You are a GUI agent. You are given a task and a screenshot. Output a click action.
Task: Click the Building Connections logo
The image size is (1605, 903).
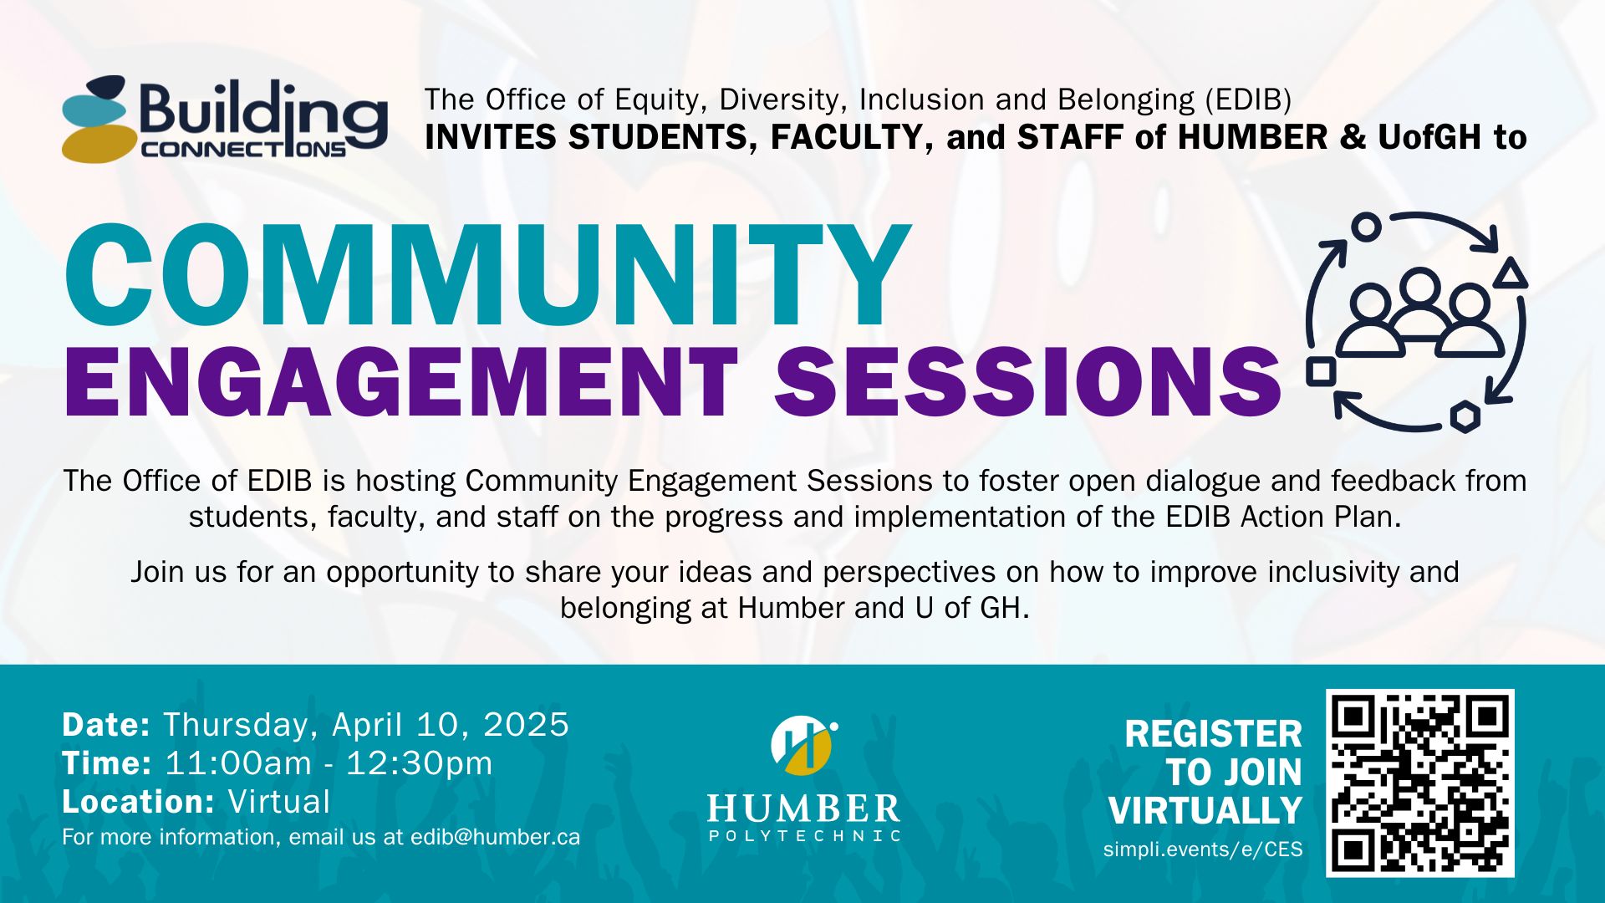224,119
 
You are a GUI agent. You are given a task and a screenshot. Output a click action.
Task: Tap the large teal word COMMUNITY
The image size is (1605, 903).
487,276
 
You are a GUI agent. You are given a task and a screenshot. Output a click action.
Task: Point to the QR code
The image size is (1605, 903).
1420,783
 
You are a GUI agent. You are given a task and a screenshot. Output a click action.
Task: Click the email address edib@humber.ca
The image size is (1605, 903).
495,837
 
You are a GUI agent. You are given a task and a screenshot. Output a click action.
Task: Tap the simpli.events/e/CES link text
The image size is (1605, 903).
1203,849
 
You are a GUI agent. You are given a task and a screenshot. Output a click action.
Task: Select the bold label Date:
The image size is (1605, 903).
106,724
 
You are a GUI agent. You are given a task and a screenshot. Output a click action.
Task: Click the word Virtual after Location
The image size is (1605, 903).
279,801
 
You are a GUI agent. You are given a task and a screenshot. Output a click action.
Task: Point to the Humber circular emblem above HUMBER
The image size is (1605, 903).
803,744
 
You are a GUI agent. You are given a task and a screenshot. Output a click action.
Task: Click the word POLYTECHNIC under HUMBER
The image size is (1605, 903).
804,835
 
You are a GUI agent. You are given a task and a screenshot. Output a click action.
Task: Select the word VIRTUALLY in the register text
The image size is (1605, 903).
1205,810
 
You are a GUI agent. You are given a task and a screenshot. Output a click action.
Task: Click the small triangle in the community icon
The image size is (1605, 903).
1510,274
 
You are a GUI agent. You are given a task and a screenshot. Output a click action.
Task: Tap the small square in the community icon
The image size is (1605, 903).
1321,371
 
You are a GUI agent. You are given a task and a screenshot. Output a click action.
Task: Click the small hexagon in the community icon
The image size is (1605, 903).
1465,416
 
